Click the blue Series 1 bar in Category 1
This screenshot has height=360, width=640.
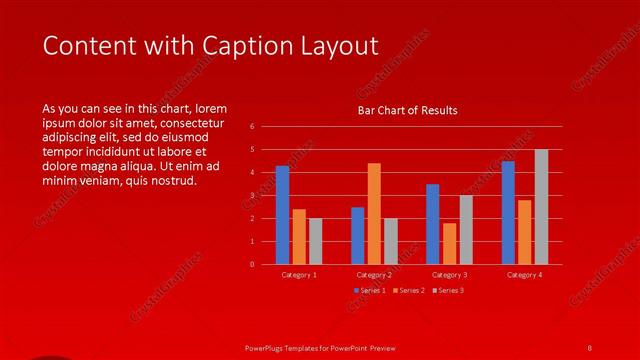282,215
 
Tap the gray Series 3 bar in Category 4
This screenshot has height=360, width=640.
541,207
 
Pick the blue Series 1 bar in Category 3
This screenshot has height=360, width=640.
432,224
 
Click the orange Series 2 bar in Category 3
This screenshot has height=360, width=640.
449,243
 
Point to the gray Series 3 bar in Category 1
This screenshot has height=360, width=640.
315,241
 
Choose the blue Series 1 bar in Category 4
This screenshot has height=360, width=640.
508,213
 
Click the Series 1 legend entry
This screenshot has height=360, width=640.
370,290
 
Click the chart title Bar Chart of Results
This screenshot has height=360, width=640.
407,111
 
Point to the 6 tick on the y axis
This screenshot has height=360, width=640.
252,127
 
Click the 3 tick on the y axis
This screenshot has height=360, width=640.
252,196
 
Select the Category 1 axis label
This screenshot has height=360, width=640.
299,275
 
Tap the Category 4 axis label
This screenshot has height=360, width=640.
524,275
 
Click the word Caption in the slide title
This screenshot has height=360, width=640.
249,46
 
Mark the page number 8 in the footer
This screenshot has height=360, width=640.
589,346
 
